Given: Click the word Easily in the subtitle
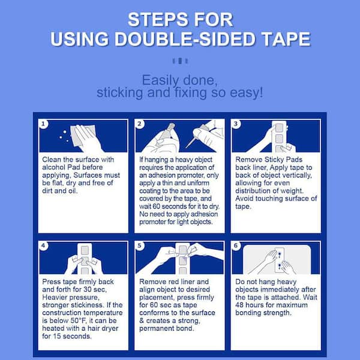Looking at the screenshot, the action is pyautogui.click(x=160, y=80).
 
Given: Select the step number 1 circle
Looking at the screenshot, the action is pyautogui.click(x=43, y=124).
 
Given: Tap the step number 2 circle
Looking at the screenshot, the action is pyautogui.click(x=139, y=124).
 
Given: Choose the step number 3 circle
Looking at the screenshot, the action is pyautogui.click(x=236, y=124).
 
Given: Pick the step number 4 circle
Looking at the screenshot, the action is pyautogui.click(x=43, y=246).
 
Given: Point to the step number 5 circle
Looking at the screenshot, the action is pyautogui.click(x=139, y=246).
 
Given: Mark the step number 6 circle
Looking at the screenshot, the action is pyautogui.click(x=236, y=246).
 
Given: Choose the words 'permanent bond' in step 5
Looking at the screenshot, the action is pyautogui.click(x=167, y=329).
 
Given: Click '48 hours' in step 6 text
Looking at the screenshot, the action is pyautogui.click(x=250, y=305).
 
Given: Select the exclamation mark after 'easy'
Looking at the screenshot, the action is pyautogui.click(x=261, y=92).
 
